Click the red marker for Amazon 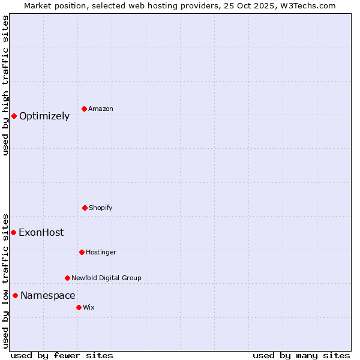click(x=84, y=109)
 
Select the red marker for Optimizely click(x=14, y=116)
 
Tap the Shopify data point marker click(x=85, y=208)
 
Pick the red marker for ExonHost click(x=13, y=232)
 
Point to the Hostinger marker click(x=82, y=252)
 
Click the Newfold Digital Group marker click(x=67, y=278)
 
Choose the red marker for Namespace click(x=15, y=295)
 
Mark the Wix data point click(x=79, y=307)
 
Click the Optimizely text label click(x=44, y=116)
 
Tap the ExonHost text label click(x=41, y=233)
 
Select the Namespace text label click(x=48, y=296)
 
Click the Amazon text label click(x=101, y=109)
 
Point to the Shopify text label click(x=101, y=208)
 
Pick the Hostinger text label click(x=101, y=253)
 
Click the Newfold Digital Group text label click(x=106, y=278)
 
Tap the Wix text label click(x=89, y=308)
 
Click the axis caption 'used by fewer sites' click(x=62, y=355)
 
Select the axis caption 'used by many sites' click(x=301, y=355)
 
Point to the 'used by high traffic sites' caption click(x=5, y=85)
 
